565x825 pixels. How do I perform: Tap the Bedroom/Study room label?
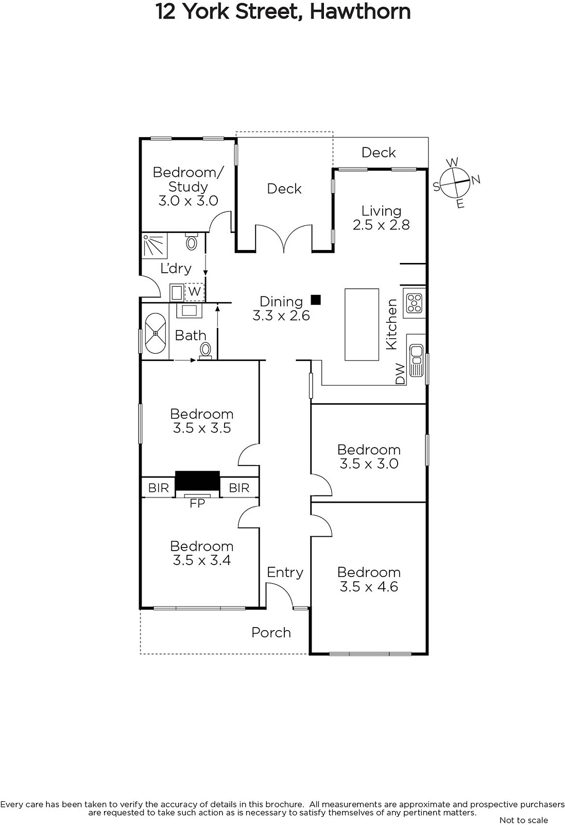click(188, 186)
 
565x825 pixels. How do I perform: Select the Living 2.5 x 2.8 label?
click(381, 218)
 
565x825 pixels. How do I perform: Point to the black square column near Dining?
click(316, 300)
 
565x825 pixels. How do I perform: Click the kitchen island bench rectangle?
click(362, 324)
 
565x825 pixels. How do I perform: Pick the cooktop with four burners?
click(414, 303)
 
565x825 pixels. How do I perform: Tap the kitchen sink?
click(416, 360)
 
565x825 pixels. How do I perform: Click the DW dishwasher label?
click(400, 374)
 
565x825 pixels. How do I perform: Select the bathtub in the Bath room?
click(156, 333)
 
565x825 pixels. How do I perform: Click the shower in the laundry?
click(155, 245)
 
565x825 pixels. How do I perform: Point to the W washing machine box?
click(194, 292)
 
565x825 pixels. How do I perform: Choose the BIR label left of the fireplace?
click(159, 488)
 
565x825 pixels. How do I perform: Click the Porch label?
click(271, 632)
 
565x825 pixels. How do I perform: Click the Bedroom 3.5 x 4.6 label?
click(369, 580)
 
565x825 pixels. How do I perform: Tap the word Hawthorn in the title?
click(360, 11)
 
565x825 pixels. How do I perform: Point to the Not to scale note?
click(524, 820)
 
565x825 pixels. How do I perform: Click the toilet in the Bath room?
click(206, 350)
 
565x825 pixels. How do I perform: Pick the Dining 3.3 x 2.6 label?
click(281, 308)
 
